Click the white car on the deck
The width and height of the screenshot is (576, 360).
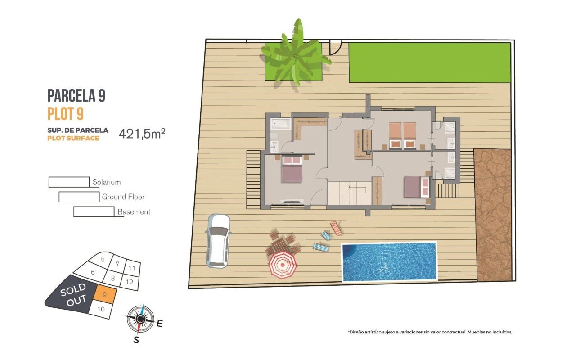point(218,241)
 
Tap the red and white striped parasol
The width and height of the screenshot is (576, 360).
point(283,265)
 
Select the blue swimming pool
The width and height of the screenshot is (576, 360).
point(389,262)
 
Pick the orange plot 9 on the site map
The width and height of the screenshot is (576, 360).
point(104,294)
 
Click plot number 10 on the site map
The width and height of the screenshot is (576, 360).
point(101,309)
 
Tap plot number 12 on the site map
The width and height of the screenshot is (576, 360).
point(130,282)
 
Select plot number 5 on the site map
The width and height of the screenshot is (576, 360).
point(103,259)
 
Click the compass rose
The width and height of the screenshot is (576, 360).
point(140,319)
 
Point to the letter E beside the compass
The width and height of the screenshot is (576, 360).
point(159,324)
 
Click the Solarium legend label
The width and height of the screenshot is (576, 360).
point(107,182)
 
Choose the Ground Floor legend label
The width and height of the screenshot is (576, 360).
point(123,197)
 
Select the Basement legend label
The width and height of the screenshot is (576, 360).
point(134,212)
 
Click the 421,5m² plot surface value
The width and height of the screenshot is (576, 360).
point(142,134)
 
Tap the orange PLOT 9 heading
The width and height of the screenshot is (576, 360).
point(66,114)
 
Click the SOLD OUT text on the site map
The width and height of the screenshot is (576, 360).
point(73,295)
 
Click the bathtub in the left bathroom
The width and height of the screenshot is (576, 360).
point(281,124)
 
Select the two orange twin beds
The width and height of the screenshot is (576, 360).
point(402,135)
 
